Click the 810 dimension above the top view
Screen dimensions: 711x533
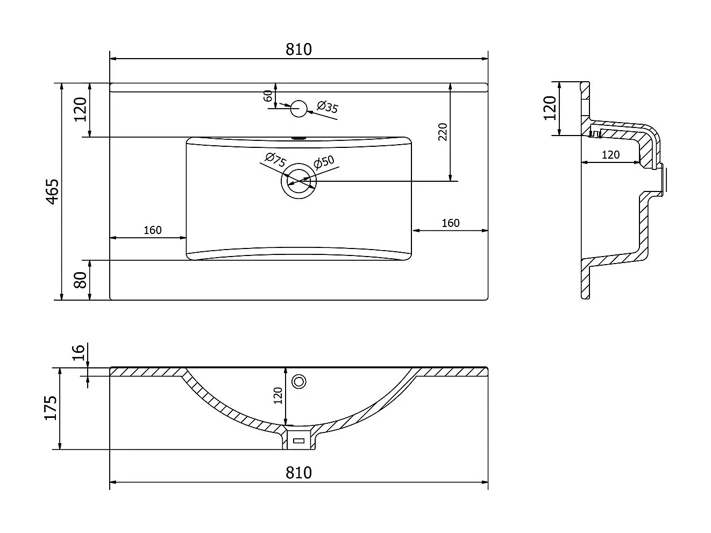298,49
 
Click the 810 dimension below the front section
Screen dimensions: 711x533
298,473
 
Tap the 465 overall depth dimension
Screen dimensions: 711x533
52,191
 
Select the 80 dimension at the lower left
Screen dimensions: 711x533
80,280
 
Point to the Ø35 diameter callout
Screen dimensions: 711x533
328,107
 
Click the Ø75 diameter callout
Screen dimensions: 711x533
275,160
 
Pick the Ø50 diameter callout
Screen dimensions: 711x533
324,162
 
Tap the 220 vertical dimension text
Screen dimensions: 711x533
443,132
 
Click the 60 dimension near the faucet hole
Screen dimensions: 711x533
268,96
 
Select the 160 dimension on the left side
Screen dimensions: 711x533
153,230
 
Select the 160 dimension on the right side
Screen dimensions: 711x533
451,223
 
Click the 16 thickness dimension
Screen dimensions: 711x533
78,353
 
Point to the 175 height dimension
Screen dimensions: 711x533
51,408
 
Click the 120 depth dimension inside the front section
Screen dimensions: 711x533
278,395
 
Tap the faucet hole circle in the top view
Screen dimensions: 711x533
298,109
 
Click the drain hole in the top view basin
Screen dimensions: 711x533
298,181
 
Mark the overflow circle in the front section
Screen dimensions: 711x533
298,381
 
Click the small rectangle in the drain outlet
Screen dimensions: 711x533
298,440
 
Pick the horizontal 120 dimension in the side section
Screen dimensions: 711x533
610,155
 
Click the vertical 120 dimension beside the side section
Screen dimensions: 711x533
550,108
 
